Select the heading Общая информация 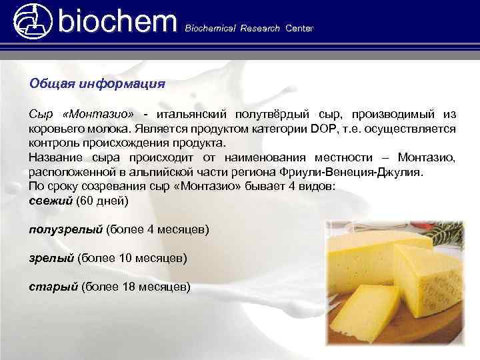click(x=97, y=85)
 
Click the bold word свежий click(x=51, y=200)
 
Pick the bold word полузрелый click(x=65, y=229)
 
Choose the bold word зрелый click(x=51, y=257)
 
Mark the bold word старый click(x=53, y=286)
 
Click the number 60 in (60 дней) click(x=88, y=200)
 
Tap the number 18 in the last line click(x=130, y=286)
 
